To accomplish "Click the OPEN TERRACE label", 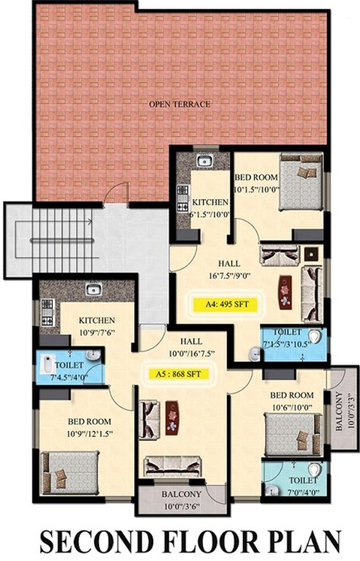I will (180, 104).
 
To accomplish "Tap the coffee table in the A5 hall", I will (172, 419).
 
